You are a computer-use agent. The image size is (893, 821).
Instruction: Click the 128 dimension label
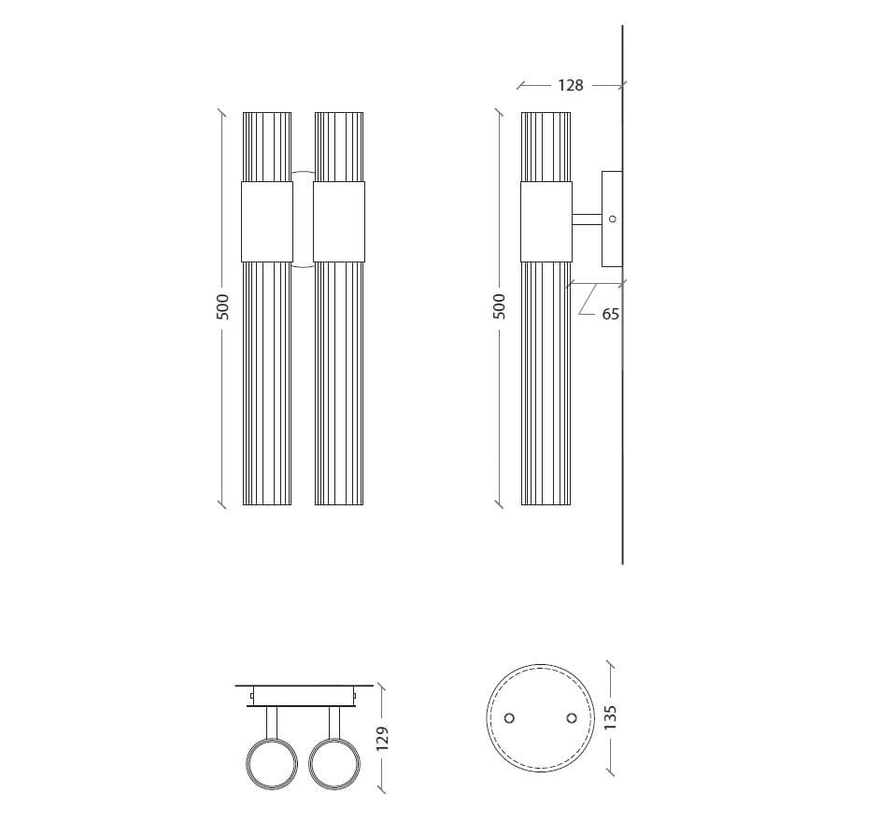pos(570,85)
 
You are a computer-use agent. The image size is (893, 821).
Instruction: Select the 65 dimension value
pos(610,315)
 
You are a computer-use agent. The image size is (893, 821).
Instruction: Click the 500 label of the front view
pos(222,307)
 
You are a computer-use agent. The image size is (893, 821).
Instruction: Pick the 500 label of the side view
pos(499,307)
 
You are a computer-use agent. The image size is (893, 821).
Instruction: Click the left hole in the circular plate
pos(509,717)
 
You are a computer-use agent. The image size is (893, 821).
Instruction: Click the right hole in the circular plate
pos(571,717)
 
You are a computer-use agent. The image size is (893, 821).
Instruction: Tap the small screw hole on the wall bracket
pos(613,219)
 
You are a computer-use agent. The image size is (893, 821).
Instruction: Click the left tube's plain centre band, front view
pos(266,221)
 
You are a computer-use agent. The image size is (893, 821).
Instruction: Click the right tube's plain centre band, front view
pos(338,221)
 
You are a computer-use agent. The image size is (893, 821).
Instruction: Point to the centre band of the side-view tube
pos(546,221)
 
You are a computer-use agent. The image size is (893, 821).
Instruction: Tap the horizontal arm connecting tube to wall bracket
pos(587,220)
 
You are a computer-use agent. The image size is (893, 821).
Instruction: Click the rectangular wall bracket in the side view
pos(612,219)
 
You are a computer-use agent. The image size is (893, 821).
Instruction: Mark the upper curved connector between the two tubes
pos(303,177)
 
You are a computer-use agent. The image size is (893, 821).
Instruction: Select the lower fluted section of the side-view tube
pos(546,383)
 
